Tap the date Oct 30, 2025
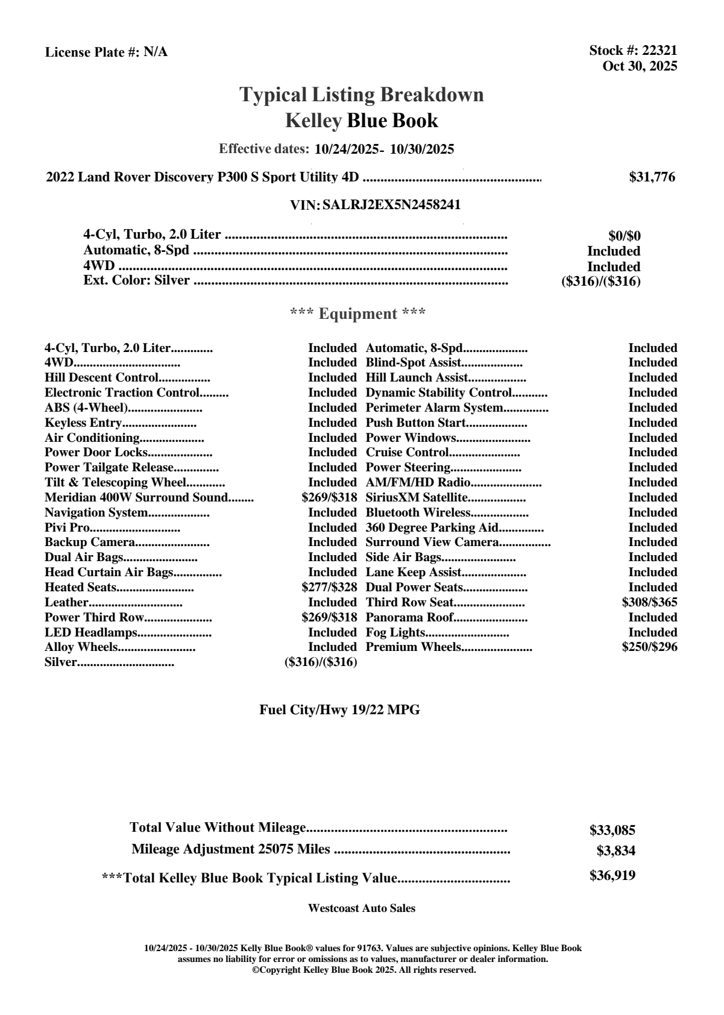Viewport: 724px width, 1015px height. pyautogui.click(x=640, y=66)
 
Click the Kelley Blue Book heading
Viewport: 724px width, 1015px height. pyautogui.click(x=361, y=121)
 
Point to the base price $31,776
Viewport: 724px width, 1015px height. pyautogui.click(x=652, y=177)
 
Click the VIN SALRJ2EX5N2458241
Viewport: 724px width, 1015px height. pyautogui.click(x=391, y=205)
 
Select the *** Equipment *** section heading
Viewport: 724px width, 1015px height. pyautogui.click(x=357, y=313)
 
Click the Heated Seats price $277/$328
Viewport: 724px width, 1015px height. pyautogui.click(x=329, y=587)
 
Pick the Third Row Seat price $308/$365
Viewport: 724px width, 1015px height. pyautogui.click(x=649, y=602)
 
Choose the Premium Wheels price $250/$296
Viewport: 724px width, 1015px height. pyautogui.click(x=649, y=647)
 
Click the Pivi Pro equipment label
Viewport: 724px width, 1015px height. pyautogui.click(x=67, y=527)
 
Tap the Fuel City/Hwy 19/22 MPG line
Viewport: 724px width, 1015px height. pyautogui.click(x=339, y=710)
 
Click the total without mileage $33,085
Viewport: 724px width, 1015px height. pyautogui.click(x=612, y=830)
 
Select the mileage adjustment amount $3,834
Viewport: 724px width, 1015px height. pyautogui.click(x=615, y=851)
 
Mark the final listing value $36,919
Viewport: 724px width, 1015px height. pyautogui.click(x=612, y=875)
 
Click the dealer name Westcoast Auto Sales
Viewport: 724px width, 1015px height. pyautogui.click(x=361, y=908)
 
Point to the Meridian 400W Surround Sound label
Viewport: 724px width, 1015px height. pyautogui.click(x=136, y=497)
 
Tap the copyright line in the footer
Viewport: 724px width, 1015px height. pyautogui.click(x=364, y=970)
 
